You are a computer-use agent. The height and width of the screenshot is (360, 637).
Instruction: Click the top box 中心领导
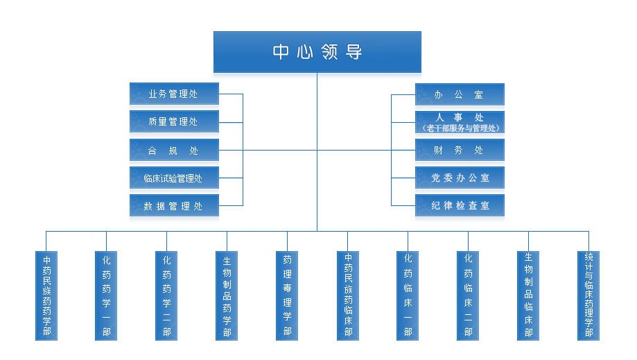pyautogui.click(x=317, y=52)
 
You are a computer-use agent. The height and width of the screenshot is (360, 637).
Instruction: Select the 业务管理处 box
pyautogui.click(x=174, y=94)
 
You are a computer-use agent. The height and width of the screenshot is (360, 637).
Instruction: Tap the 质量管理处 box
pyautogui.click(x=174, y=121)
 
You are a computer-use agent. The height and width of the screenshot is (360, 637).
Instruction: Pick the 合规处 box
pyautogui.click(x=174, y=150)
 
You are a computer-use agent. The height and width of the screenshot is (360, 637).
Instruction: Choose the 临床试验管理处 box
pyautogui.click(x=174, y=178)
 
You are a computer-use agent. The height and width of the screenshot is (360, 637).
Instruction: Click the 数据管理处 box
pyautogui.click(x=174, y=206)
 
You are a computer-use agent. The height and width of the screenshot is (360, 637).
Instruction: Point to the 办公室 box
pyautogui.click(x=460, y=94)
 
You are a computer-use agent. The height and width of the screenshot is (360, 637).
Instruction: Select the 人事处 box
pyautogui.click(x=460, y=122)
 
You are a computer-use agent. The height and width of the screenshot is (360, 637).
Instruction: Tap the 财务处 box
pyautogui.click(x=460, y=150)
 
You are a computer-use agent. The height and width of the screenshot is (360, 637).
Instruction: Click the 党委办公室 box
pyautogui.click(x=460, y=178)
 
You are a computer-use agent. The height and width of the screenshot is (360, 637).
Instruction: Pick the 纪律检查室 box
pyautogui.click(x=460, y=205)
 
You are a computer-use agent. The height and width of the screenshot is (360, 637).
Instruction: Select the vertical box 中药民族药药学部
pyautogui.click(x=46, y=295)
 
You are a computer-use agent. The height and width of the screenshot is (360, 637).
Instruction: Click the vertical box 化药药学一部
pyautogui.click(x=107, y=295)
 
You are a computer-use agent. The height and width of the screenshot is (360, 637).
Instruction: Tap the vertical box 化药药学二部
pyautogui.click(x=166, y=295)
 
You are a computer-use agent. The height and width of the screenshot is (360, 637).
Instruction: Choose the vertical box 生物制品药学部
pyautogui.click(x=227, y=295)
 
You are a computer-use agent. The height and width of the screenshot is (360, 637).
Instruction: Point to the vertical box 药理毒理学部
pyautogui.click(x=287, y=295)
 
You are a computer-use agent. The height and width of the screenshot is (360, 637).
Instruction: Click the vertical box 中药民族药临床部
pyautogui.click(x=348, y=295)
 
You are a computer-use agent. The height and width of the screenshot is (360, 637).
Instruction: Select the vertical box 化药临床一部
pyautogui.click(x=408, y=295)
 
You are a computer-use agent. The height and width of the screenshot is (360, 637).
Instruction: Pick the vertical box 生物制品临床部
pyautogui.click(x=528, y=295)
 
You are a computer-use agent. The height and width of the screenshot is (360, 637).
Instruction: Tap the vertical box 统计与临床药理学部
pyautogui.click(x=588, y=295)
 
